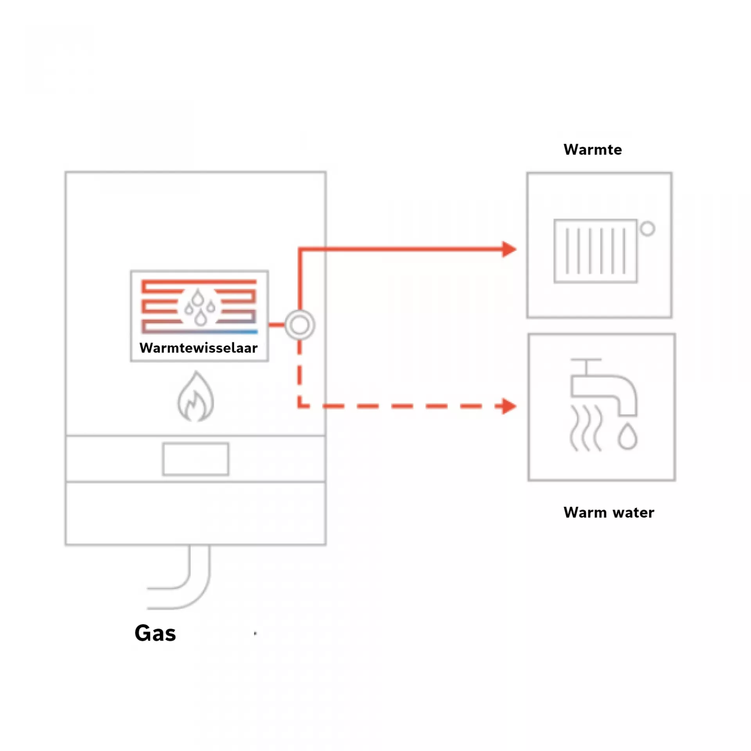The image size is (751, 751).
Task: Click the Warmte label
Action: click(593, 149)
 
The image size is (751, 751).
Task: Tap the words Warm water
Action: click(609, 512)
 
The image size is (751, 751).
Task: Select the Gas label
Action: click(155, 633)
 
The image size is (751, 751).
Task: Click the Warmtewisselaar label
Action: click(198, 348)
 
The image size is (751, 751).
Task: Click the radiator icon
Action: click(596, 251)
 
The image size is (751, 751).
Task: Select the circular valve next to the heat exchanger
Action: click(300, 325)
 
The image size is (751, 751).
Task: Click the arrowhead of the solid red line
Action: click(509, 249)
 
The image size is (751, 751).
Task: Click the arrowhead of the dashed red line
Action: click(509, 406)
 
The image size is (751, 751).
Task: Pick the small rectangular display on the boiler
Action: click(196, 459)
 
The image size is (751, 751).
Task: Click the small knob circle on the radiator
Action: click(647, 229)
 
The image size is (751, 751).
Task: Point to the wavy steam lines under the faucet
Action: click(586, 428)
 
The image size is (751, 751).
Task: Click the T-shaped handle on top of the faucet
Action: click(586, 366)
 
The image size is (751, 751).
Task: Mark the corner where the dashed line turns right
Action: click(300, 406)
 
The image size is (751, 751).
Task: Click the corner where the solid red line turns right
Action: click(300, 249)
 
